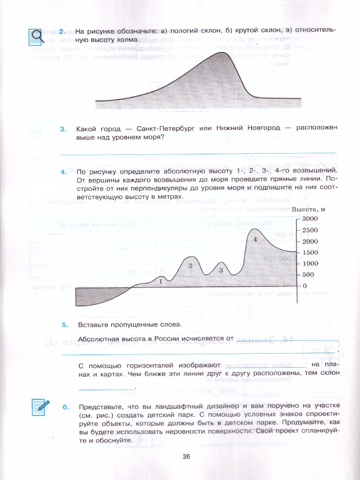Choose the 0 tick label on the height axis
[305, 286]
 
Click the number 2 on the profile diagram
[190, 265]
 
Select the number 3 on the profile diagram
[220, 270]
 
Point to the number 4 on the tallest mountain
[255, 239]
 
